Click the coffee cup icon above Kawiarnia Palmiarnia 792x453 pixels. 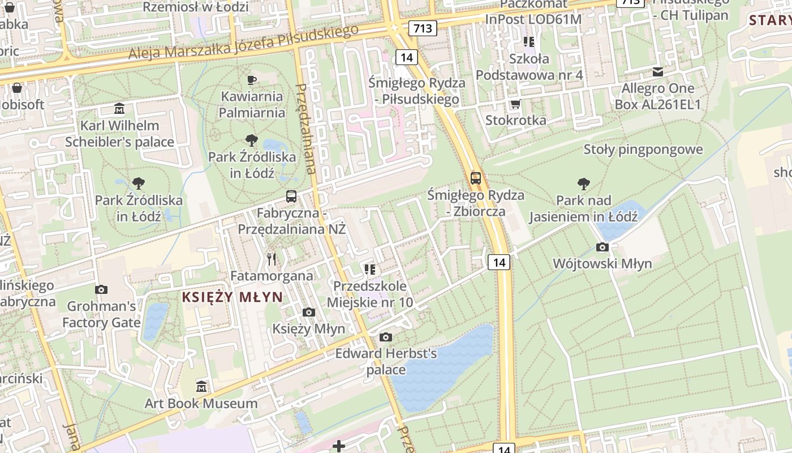(252, 80)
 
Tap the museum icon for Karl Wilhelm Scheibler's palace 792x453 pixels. (119, 109)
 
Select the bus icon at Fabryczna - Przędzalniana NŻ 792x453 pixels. (291, 196)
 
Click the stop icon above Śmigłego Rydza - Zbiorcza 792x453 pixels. (476, 178)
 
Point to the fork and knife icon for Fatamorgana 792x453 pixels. (272, 259)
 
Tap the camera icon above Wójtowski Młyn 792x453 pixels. (602, 247)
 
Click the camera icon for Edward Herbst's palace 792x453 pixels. (386, 337)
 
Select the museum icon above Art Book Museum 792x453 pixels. (201, 387)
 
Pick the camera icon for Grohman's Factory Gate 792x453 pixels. (101, 290)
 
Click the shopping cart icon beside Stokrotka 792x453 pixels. (515, 104)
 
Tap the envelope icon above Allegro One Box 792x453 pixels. (657, 72)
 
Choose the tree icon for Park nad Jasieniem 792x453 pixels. (583, 184)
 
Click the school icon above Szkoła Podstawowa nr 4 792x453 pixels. (529, 42)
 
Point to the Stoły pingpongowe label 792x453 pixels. (643, 149)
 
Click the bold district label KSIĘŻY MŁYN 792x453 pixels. (233, 297)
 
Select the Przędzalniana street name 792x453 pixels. (307, 129)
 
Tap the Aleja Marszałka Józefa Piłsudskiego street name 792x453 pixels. (243, 43)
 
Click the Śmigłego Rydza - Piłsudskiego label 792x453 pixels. (417, 91)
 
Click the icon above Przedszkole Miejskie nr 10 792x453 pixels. (370, 270)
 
